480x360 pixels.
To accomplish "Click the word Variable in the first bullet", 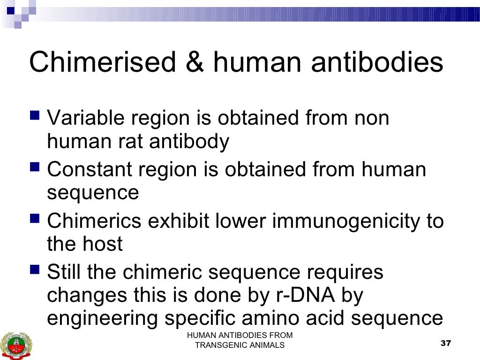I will coord(88,118).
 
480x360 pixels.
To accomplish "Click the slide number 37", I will coord(446,344).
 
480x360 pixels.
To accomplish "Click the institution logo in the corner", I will coord(13,345).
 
